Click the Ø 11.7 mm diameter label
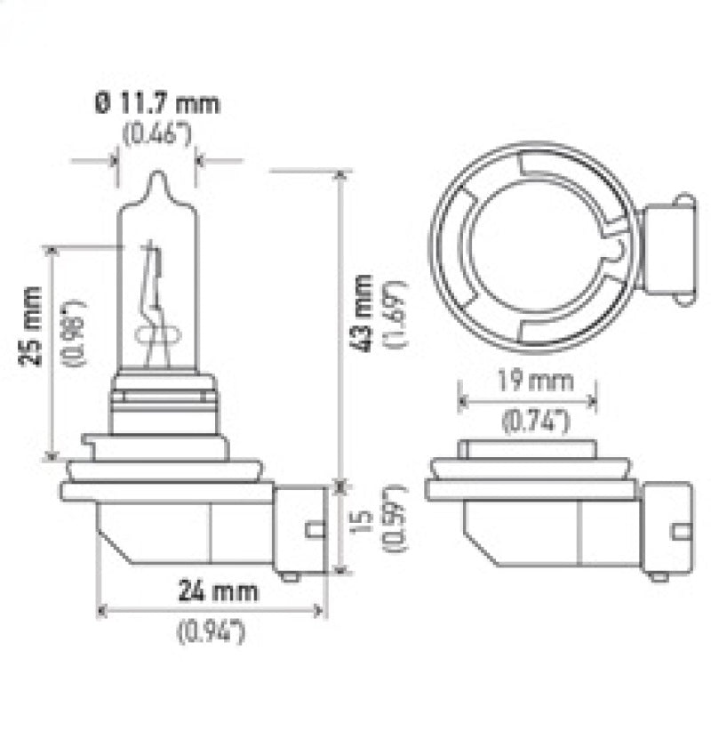click(x=156, y=103)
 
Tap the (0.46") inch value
click(x=156, y=135)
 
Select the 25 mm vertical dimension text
click(x=32, y=340)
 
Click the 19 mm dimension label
click(x=526, y=382)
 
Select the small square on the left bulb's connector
click(x=313, y=530)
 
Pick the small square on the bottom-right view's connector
click(x=682, y=532)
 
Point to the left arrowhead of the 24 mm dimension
click(x=100, y=611)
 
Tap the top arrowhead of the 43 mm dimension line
click(x=340, y=174)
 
